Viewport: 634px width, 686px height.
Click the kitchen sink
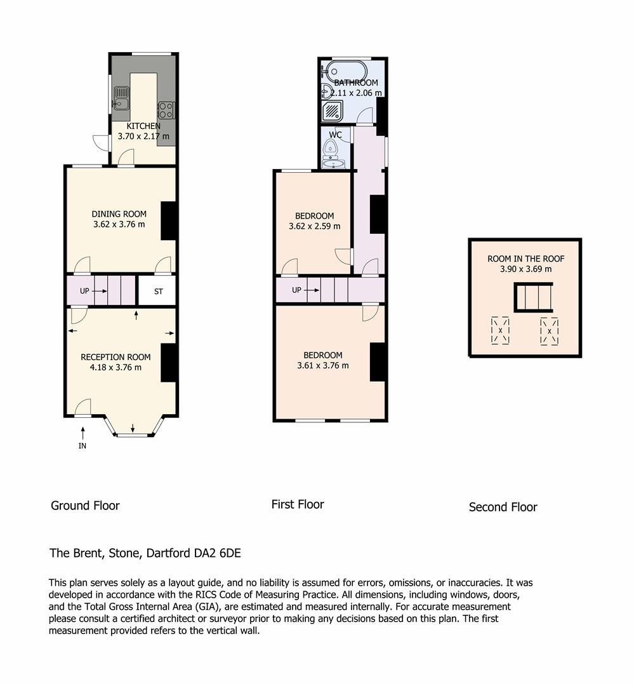pos(121,99)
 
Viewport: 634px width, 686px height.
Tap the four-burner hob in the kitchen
pos(166,110)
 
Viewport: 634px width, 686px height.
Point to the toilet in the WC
pos(330,150)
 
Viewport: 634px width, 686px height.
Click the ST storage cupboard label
pos(158,292)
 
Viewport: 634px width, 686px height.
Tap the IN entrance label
pos(83,445)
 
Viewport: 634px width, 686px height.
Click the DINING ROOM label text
pos(119,213)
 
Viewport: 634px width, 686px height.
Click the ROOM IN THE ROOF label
pos(525,259)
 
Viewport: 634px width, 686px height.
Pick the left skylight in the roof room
pos(500,331)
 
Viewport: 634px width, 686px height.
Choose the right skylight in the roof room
pos(549,331)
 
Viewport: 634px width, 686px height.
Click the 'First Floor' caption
pos(298,504)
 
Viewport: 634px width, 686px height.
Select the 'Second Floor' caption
pos(503,507)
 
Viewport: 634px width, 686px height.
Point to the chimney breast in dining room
pos(168,220)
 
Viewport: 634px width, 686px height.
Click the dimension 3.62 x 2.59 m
pos(314,226)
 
